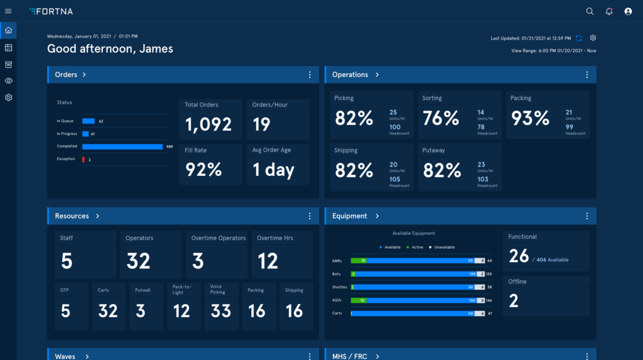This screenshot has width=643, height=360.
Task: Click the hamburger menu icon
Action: (8, 11)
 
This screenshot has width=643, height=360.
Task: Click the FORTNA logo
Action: (52, 11)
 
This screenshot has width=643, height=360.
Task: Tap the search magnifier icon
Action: (590, 11)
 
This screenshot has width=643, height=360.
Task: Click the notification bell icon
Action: (608, 11)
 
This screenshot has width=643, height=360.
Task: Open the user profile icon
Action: (628, 11)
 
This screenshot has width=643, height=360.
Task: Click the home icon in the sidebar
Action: (8, 30)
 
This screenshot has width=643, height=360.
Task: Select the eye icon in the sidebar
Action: (8, 80)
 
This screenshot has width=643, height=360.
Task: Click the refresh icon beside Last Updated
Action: (579, 38)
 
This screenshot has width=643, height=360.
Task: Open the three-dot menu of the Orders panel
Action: (310, 75)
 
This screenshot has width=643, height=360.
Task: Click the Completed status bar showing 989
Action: (122, 146)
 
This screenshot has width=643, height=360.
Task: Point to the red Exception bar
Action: (84, 160)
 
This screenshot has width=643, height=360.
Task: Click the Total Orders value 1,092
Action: (208, 124)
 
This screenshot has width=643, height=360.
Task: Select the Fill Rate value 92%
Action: (203, 170)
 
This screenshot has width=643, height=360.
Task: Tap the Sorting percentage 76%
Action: (441, 118)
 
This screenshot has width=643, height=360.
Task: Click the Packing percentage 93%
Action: (530, 118)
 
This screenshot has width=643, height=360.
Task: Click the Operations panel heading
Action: (350, 75)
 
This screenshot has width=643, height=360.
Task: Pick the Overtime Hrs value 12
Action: (267, 261)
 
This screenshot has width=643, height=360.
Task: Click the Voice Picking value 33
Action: (220, 311)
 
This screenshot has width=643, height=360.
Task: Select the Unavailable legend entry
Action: (442, 248)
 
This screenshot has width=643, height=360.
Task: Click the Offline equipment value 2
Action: (514, 301)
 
